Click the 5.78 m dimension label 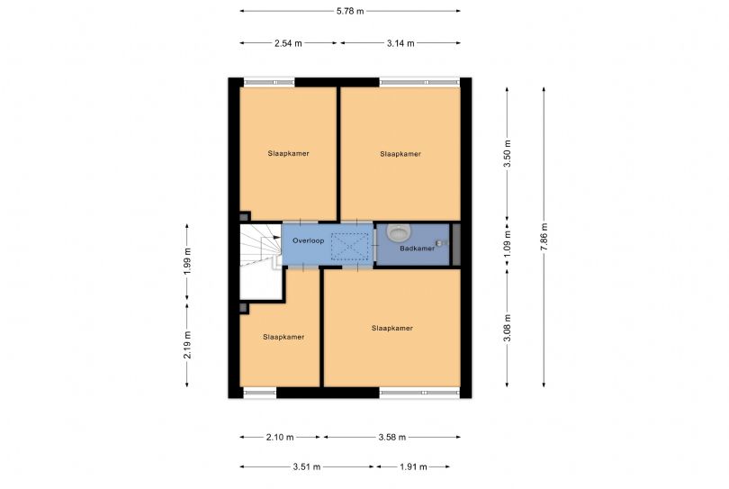[x=350, y=11]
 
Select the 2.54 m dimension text [x=288, y=43]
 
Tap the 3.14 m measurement [x=400, y=43]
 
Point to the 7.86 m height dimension [x=544, y=237]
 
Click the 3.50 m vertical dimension [x=508, y=153]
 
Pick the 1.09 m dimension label [x=508, y=243]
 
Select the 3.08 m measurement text [x=508, y=328]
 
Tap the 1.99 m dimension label [x=187, y=261]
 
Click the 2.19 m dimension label [x=187, y=345]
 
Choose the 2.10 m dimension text [x=279, y=438]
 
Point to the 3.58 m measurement [x=391, y=438]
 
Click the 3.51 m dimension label [x=306, y=466]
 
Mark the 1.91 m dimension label [x=413, y=466]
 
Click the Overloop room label [x=308, y=241]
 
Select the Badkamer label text [x=417, y=249]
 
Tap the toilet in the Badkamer [x=397, y=232]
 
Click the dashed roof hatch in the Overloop [x=349, y=246]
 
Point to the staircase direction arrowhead [x=277, y=237]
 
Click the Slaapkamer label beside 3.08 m [x=391, y=328]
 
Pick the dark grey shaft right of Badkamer [x=456, y=245]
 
